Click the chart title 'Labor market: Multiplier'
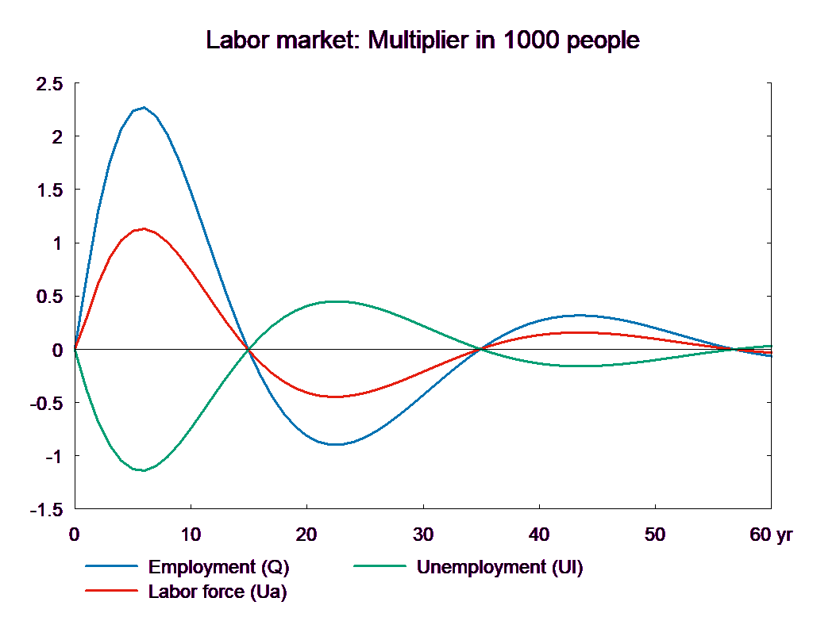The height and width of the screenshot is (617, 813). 422,40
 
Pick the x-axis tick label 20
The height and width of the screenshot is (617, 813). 306,535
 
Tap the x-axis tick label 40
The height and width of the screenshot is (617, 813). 539,535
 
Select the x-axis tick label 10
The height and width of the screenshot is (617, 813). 191,535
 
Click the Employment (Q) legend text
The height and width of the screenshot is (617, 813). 218,567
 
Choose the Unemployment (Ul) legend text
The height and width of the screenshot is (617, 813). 499,567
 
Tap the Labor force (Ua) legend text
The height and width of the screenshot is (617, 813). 218,591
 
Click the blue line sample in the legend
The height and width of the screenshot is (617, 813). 111,567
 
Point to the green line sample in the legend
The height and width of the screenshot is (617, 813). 379,567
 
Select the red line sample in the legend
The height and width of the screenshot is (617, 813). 111,591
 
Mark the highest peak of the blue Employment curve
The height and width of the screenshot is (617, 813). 144,107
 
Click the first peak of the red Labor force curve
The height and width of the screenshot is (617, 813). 144,228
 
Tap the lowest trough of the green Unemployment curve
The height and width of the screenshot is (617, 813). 144,470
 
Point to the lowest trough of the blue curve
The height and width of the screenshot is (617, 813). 337,444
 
